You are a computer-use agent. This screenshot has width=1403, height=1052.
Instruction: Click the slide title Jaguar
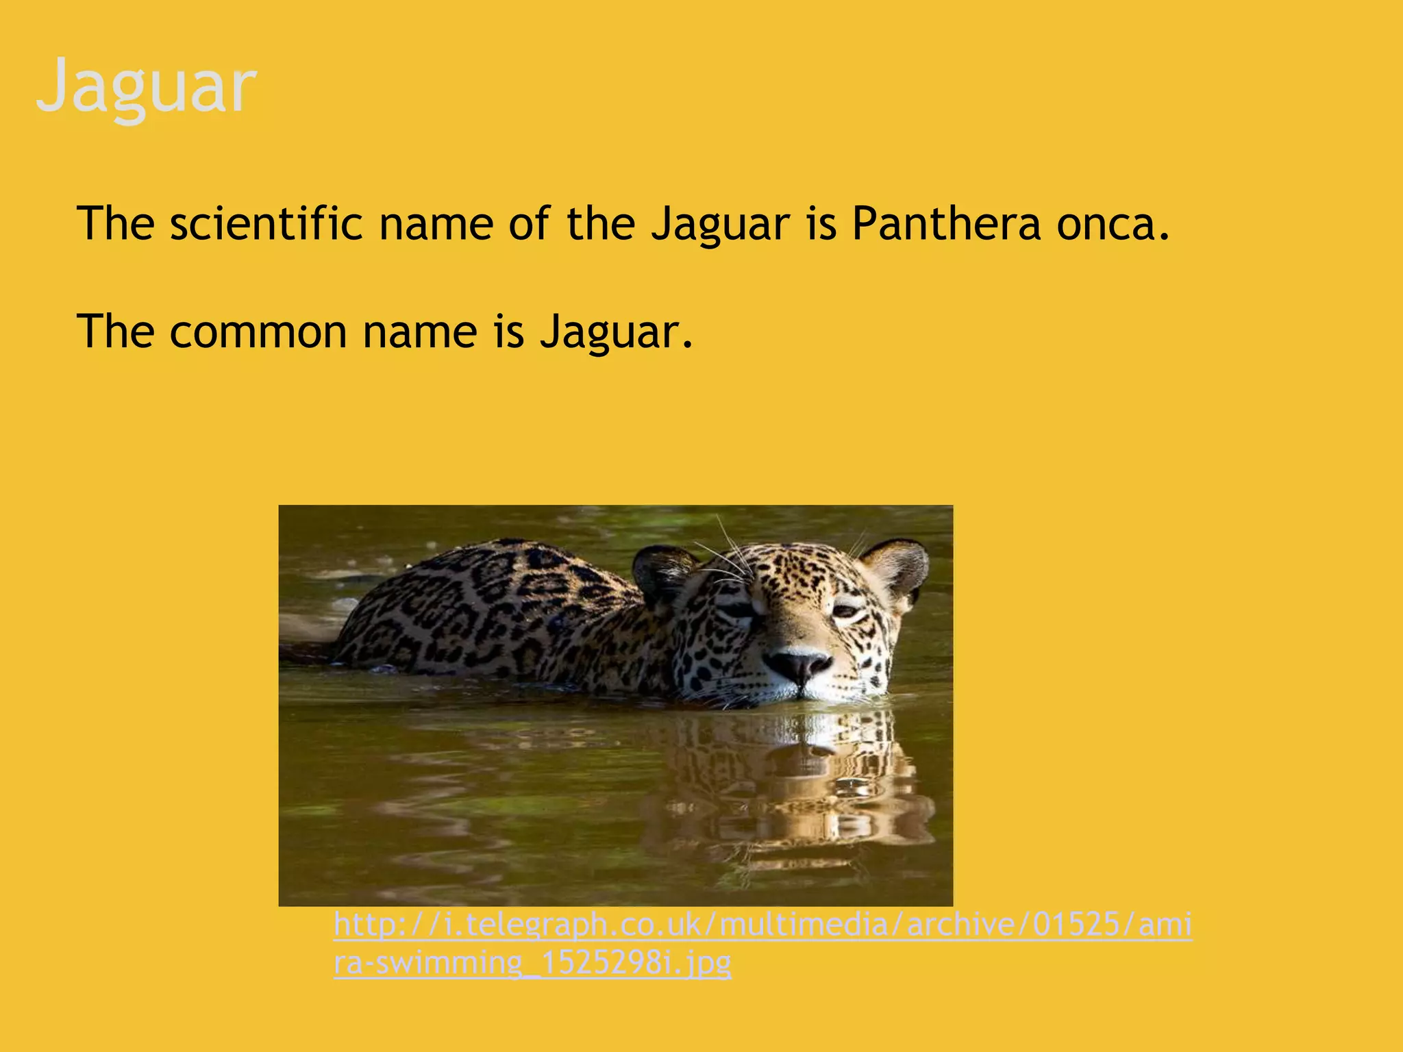pos(146,87)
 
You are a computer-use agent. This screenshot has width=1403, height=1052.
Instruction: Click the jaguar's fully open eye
pos(845,610)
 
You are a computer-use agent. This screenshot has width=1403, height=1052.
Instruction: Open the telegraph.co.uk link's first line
pos(762,925)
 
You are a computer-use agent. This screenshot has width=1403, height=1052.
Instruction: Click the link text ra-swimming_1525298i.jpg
pos(532,963)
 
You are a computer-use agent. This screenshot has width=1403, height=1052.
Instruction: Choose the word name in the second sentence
pos(419,332)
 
